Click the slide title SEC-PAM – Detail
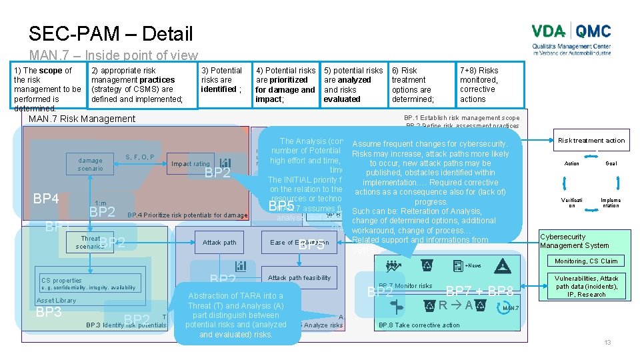tap(111, 34)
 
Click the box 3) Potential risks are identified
tap(224, 84)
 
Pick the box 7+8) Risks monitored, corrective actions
tap(490, 84)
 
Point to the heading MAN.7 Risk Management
tap(81, 119)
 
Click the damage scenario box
tap(90, 164)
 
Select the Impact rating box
tap(191, 163)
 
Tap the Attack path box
tap(220, 243)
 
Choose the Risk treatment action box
tap(591, 140)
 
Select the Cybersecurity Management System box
tap(575, 241)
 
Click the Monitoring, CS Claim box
tap(586, 261)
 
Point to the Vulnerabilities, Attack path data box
tap(587, 286)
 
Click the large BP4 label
tap(47, 198)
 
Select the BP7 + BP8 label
tap(479, 291)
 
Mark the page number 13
tap(607, 342)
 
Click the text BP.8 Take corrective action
tap(419, 325)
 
